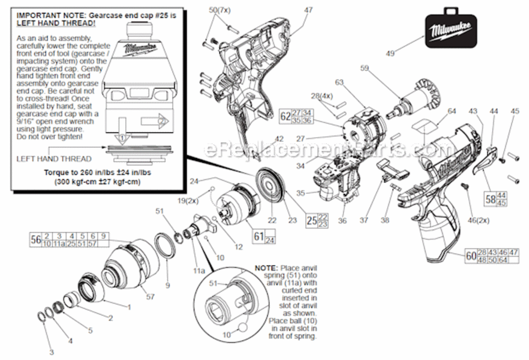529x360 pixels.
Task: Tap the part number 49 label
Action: coord(390,54)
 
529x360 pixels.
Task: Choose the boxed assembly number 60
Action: coord(470,256)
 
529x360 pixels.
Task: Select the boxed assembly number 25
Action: coord(311,221)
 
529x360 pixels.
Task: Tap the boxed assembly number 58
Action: coord(489,199)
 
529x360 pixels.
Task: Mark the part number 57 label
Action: coord(150,297)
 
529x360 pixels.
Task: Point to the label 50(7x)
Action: coord(219,10)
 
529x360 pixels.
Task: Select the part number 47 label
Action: coord(308,10)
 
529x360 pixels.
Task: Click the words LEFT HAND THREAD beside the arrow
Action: coord(54,158)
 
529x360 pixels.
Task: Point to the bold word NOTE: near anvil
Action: coord(266,267)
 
